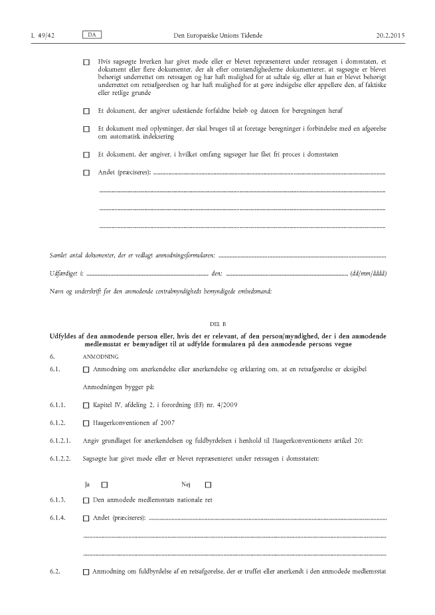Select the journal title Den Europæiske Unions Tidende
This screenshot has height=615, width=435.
coord(218,34)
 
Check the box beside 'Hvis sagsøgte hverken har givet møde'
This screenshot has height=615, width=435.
coord(86,62)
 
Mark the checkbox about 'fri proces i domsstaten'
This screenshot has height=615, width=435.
coord(86,155)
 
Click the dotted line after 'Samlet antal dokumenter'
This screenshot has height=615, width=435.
coord(302,256)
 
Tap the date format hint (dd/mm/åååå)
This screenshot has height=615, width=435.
coord(369,274)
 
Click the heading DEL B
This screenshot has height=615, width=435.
coord(218,323)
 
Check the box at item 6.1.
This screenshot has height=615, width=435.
coord(86,369)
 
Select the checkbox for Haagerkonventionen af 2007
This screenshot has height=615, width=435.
coord(86,422)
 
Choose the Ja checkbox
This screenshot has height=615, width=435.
coord(105,484)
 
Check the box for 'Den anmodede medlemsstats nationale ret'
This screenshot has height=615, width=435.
coord(86,499)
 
